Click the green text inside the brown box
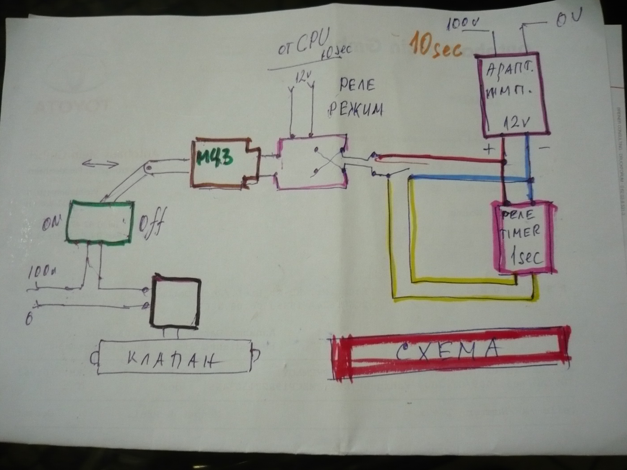point(215,159)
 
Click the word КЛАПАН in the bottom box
point(172,358)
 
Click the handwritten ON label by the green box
point(54,222)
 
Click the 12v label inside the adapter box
point(517,123)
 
